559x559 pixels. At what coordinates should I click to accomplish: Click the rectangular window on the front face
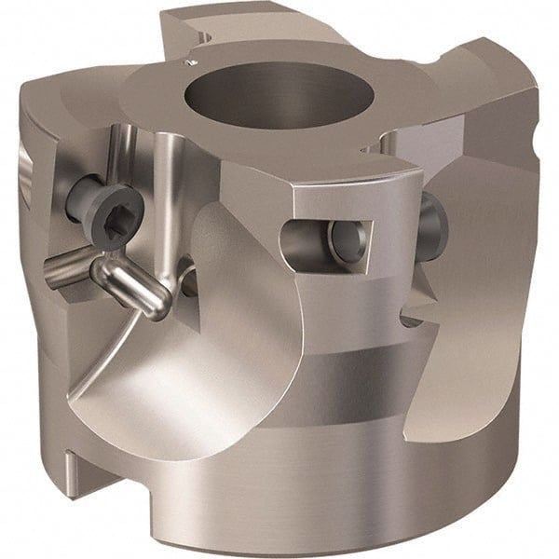tap(325, 241)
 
